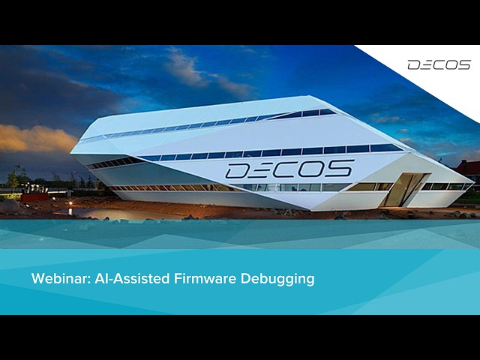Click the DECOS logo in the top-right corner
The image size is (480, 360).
(x=439, y=64)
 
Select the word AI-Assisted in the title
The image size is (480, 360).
(x=124, y=279)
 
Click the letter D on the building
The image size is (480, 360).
(x=239, y=170)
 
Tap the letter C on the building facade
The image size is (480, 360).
(x=289, y=169)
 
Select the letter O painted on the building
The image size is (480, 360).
(x=314, y=168)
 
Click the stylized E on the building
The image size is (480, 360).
(x=263, y=169)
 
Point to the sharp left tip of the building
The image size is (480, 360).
(x=73, y=153)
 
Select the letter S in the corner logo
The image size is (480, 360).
(x=464, y=64)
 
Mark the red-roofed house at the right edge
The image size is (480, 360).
(x=470, y=170)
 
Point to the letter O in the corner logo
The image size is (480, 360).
(x=452, y=64)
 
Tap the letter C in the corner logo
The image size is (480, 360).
(x=439, y=64)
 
